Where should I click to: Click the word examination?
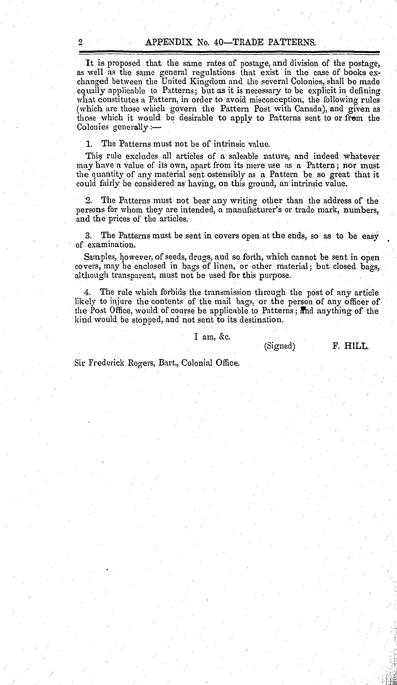(x=111, y=245)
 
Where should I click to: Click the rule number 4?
(x=87, y=292)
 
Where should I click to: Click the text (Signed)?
(x=280, y=346)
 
